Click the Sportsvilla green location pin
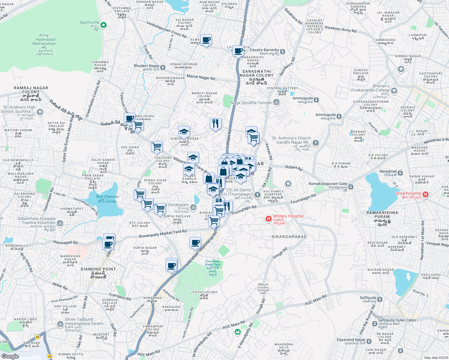[x=104, y=25]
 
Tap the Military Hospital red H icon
[x=269, y=219]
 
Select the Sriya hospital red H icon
[x=425, y=195]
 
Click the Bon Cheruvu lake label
[x=107, y=199]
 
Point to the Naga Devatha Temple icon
[x=276, y=103]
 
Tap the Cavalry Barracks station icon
[x=282, y=51]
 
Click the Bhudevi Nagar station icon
[x=163, y=67]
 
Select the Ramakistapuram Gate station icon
[x=351, y=187]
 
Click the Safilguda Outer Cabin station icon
[x=375, y=324]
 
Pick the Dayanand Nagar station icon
[x=369, y=341]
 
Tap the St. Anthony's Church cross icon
[x=315, y=143]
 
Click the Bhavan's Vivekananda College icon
[x=394, y=91]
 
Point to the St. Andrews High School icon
[x=40, y=112]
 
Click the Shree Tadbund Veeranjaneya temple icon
[x=60, y=324]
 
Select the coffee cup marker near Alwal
[x=206, y=40]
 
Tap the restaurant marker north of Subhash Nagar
[x=215, y=123]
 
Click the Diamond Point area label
[x=98, y=269]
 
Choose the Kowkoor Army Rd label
[x=341, y=29]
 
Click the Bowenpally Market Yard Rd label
[x=163, y=234]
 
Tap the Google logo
[x=10, y=356]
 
